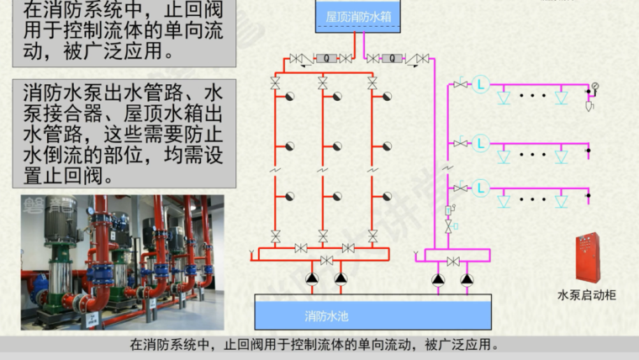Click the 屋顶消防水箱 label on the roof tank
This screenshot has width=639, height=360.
click(x=352, y=15)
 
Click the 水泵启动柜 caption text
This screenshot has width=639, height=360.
click(x=586, y=295)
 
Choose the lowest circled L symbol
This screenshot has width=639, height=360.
click(x=480, y=187)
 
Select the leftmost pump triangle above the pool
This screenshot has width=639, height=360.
click(x=312, y=278)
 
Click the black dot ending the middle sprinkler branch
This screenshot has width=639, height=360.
click(x=589, y=151)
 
